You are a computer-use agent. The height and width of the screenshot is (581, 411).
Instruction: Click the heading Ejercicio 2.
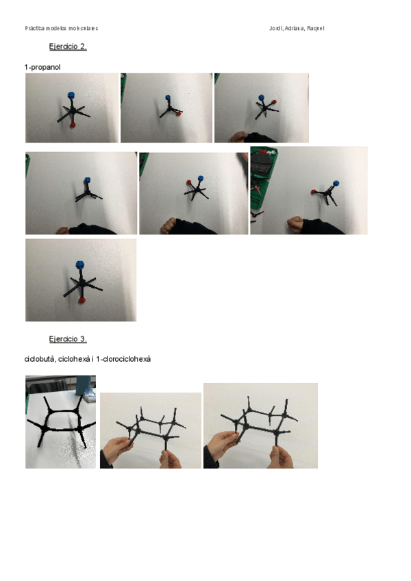tap(68, 47)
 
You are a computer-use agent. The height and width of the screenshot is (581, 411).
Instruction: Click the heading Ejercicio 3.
tap(68, 338)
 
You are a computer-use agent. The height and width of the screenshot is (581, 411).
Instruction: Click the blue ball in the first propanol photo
tap(71, 95)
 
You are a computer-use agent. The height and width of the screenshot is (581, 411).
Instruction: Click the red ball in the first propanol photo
tap(72, 125)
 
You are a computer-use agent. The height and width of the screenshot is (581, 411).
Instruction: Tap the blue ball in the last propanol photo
tap(79, 264)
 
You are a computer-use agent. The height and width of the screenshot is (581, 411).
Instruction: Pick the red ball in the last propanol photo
tap(82, 299)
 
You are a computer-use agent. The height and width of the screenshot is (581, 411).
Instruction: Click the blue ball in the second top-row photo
tap(168, 99)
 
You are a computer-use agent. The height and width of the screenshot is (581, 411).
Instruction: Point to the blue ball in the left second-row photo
tap(87, 180)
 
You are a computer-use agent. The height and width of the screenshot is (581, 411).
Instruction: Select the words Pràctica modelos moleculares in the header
tap(62, 28)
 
